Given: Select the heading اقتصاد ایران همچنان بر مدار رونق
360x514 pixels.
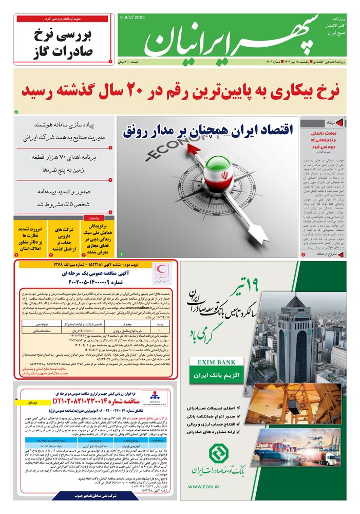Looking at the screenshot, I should coord(208,130).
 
